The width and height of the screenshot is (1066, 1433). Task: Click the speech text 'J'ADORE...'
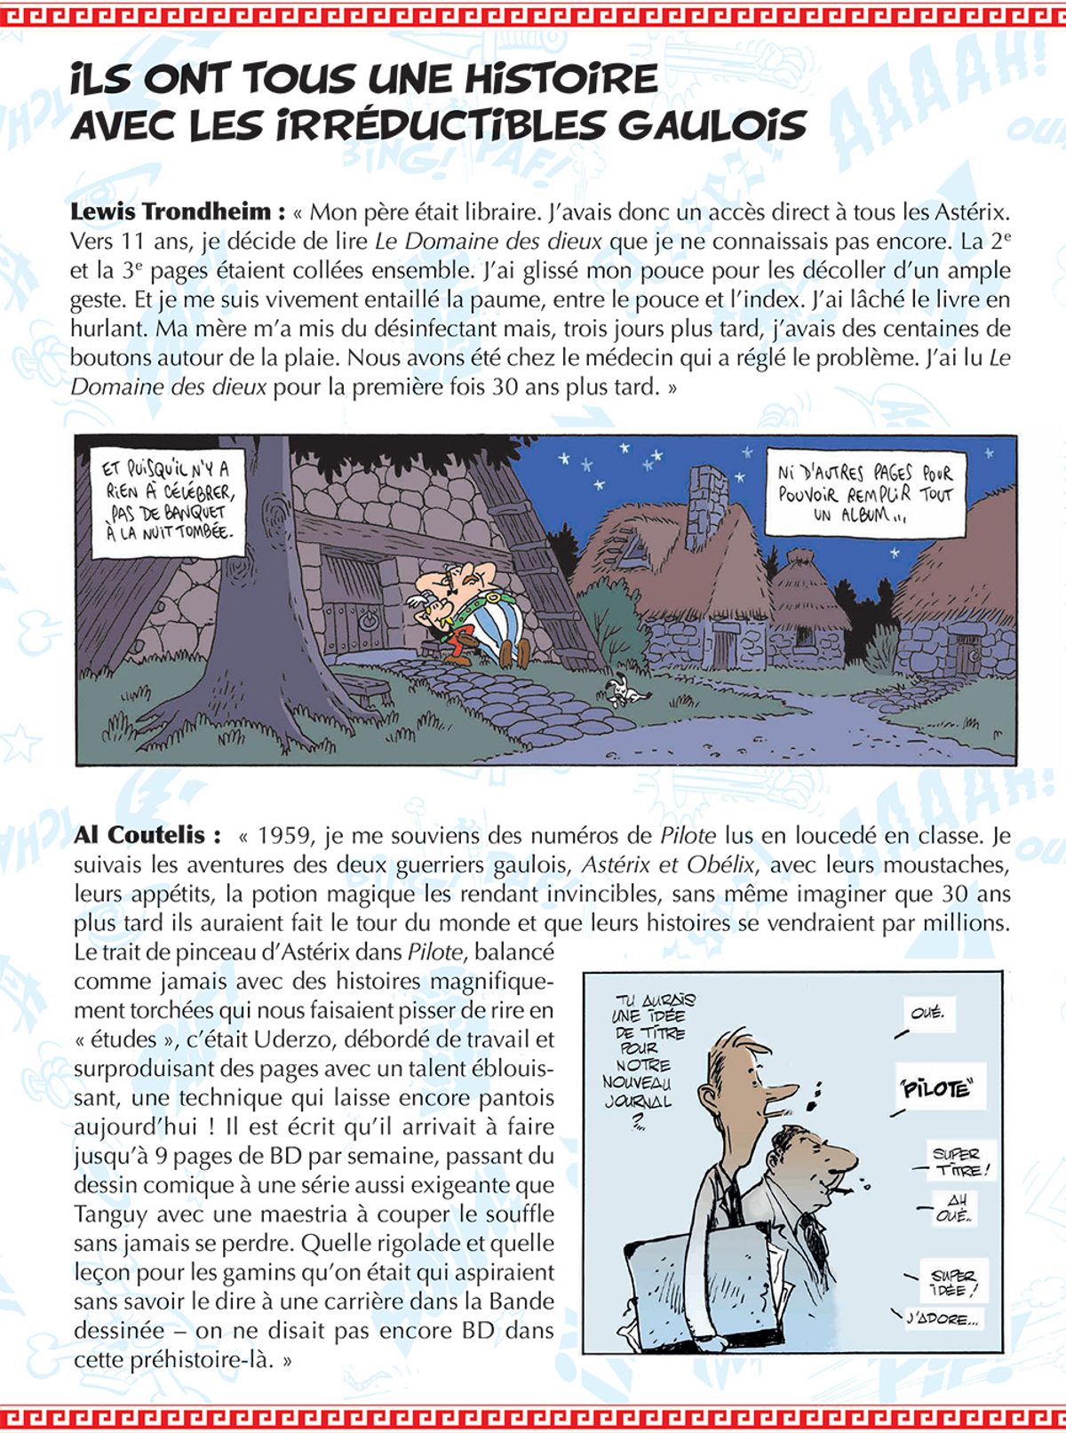tap(942, 1319)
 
